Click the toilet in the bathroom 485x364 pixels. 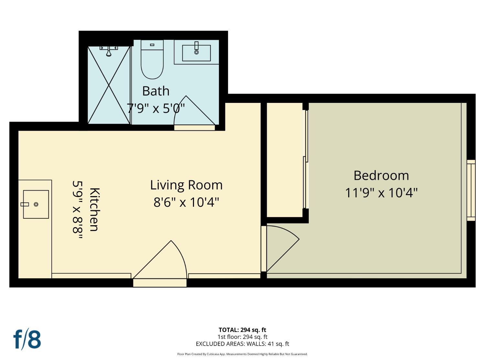pyautogui.click(x=152, y=61)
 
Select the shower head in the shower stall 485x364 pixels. pyautogui.click(x=109, y=50)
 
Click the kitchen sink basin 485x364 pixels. pyautogui.click(x=36, y=204)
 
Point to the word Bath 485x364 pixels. pyautogui.click(x=156, y=91)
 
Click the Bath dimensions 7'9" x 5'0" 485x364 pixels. pyautogui.click(x=156, y=108)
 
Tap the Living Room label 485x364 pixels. pyautogui.click(x=186, y=185)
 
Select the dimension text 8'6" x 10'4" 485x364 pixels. pyautogui.click(x=186, y=203)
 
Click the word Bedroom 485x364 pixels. pyautogui.click(x=381, y=175)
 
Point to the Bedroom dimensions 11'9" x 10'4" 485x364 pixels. pyautogui.click(x=381, y=193)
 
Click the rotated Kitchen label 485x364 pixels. pyautogui.click(x=94, y=209)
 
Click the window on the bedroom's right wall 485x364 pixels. pyautogui.click(x=471, y=190)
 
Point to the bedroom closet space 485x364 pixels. pyautogui.click(x=285, y=160)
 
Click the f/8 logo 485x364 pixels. pyautogui.click(x=27, y=339)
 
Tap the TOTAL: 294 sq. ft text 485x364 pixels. pyautogui.click(x=242, y=330)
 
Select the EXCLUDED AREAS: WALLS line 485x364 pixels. pyautogui.click(x=242, y=344)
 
